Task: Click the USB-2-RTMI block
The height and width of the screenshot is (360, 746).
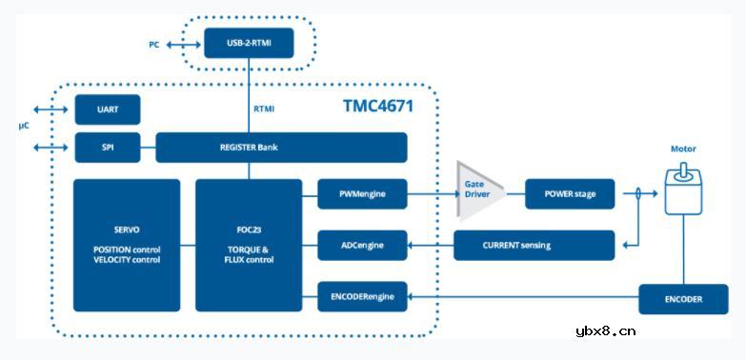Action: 249,44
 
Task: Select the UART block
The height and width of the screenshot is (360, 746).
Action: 109,110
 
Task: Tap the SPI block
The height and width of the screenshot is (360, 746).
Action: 109,148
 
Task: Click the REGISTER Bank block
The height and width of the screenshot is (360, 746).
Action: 281,148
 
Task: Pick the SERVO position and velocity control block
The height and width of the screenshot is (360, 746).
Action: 127,245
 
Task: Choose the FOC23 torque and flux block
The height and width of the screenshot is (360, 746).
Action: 249,245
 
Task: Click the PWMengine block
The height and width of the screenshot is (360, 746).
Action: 361,194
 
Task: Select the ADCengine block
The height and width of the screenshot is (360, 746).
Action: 361,245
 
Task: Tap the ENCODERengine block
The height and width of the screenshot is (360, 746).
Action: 361,297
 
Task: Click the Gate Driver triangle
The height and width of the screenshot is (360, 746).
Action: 476,193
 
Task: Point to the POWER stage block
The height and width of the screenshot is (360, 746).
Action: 570,194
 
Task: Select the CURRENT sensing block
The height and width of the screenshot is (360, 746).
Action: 534,245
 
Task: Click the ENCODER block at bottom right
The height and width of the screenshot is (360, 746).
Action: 683,298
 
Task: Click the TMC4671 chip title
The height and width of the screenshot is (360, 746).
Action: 378,107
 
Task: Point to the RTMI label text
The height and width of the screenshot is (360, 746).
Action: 264,110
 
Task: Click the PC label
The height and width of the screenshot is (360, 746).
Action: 154,45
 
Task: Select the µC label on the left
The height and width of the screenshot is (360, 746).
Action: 24,126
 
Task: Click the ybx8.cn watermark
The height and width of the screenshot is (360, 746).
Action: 606,331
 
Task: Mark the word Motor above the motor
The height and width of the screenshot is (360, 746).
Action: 683,150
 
